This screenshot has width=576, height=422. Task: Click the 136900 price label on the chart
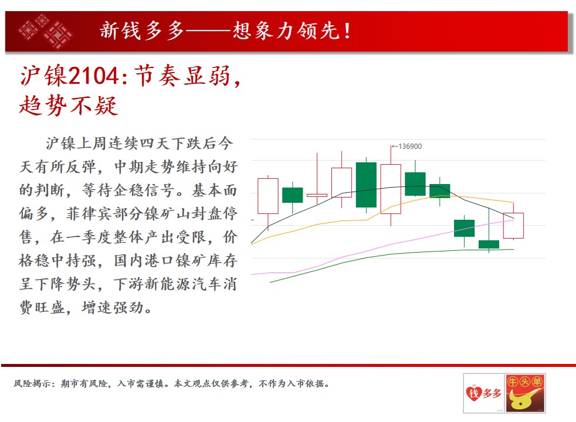(410, 147)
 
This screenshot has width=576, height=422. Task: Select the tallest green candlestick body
(366, 185)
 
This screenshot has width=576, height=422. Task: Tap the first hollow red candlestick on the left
(268, 196)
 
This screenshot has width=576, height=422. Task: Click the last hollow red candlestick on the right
(514, 226)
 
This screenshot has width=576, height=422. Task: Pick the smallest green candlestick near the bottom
(489, 244)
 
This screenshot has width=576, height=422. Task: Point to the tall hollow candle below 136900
(391, 189)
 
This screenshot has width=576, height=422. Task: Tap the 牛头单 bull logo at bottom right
(526, 393)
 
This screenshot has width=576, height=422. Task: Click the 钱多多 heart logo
(484, 393)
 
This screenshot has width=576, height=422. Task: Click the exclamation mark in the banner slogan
(347, 31)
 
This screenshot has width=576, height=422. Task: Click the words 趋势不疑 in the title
(69, 105)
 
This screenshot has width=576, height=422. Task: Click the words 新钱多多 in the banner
(142, 31)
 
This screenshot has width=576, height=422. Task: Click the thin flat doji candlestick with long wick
(317, 195)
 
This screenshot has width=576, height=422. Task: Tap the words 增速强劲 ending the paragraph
(113, 308)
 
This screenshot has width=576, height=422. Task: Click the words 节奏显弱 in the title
(182, 76)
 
